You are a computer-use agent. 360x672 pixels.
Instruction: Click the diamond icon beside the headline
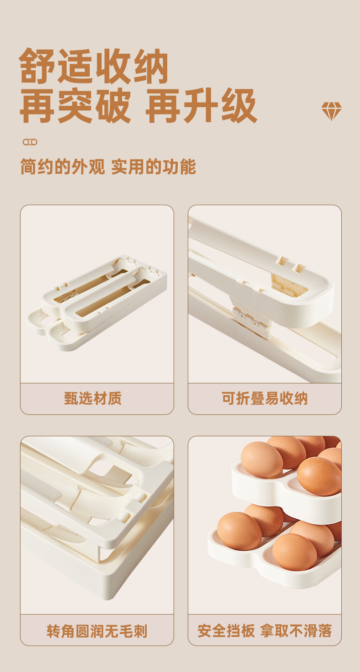click(331, 111)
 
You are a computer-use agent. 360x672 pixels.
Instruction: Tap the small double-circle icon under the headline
click(30, 142)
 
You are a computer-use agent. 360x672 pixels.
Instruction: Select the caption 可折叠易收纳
click(265, 398)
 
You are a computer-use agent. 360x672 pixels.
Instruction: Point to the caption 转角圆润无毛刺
click(97, 631)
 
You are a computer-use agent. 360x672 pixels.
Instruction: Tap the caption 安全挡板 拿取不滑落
click(265, 631)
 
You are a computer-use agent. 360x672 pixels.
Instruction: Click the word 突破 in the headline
click(94, 106)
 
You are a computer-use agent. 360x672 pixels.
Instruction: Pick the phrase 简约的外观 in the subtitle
click(62, 167)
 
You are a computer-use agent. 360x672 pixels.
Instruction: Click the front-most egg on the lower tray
click(294, 552)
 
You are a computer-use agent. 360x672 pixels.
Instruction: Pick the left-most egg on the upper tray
click(262, 459)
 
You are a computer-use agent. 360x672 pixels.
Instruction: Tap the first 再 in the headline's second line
click(37, 106)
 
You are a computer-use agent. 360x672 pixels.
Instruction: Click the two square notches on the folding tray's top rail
click(290, 265)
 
